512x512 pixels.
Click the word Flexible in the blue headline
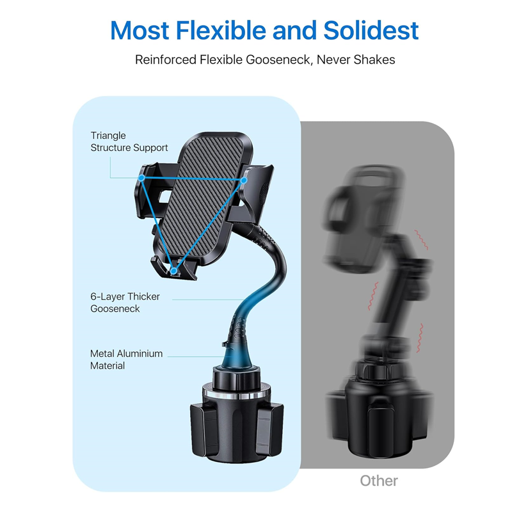pyautogui.click(x=221, y=30)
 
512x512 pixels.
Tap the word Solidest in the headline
pyautogui.click(x=371, y=30)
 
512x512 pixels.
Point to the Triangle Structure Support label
pyautogui.click(x=129, y=141)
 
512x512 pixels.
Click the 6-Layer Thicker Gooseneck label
pyautogui.click(x=125, y=303)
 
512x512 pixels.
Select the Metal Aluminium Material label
pyautogui.click(x=126, y=360)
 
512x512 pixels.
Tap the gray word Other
pyautogui.click(x=379, y=481)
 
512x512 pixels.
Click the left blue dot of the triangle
pyautogui.click(x=141, y=178)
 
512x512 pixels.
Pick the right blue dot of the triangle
pyautogui.click(x=244, y=180)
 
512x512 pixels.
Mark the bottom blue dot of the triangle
pyautogui.click(x=173, y=271)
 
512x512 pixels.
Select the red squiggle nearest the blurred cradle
pyautogui.click(x=421, y=240)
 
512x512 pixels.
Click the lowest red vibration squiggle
pyautogui.click(x=420, y=338)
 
